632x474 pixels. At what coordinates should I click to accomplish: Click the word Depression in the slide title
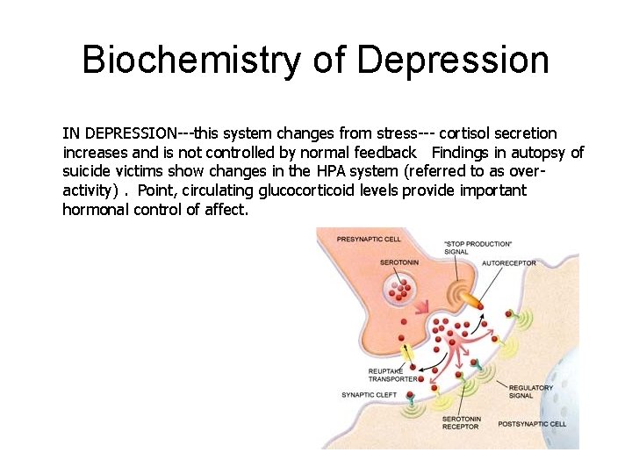[x=453, y=60]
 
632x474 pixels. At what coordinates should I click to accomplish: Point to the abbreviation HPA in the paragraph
[x=330, y=172]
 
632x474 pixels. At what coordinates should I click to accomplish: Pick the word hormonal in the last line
[x=96, y=210]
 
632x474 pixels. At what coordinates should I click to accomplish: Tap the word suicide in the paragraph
[x=86, y=172]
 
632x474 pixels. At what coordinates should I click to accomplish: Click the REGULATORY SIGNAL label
[x=531, y=391]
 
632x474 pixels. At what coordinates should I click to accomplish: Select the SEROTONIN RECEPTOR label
[x=461, y=423]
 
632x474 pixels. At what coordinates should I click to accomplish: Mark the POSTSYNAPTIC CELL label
[x=532, y=424]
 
